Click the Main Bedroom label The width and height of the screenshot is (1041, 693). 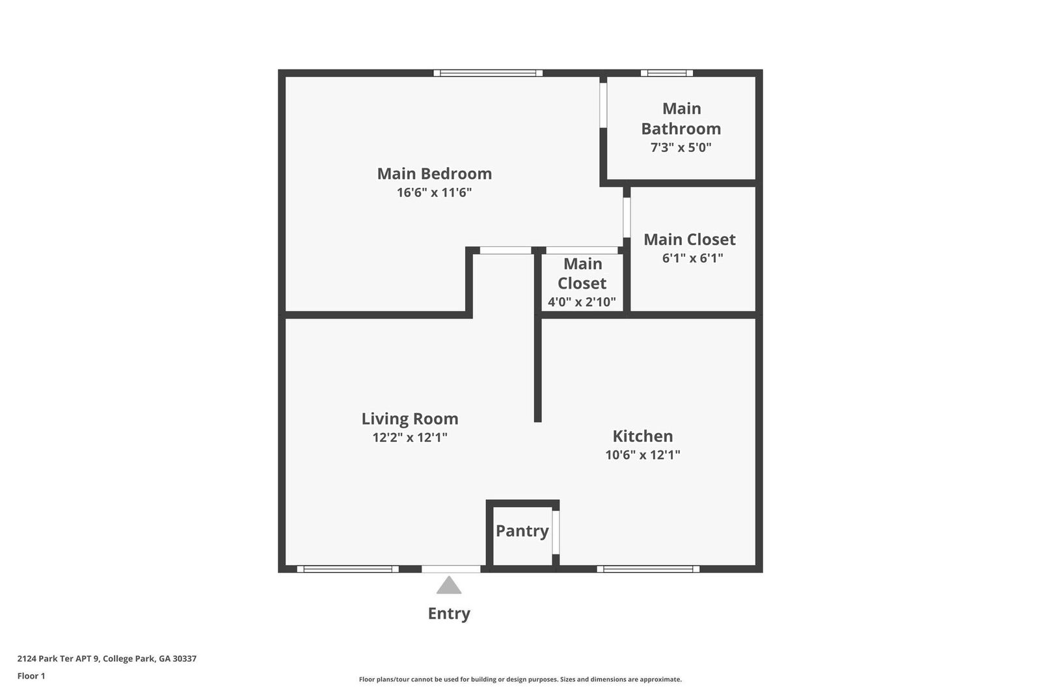coord(434,174)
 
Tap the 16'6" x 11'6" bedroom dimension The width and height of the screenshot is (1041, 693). coord(434,192)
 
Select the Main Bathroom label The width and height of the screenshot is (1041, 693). coord(681,118)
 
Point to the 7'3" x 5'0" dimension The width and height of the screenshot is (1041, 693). coord(681,147)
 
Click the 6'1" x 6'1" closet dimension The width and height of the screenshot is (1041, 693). coord(692,258)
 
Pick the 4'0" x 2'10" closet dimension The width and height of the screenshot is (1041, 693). coord(581,302)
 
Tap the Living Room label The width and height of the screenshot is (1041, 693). coord(410,419)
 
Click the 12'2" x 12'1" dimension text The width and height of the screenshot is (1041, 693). coord(410,438)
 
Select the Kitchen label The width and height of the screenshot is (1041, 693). coord(642,436)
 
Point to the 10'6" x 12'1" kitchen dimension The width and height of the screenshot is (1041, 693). coord(642,455)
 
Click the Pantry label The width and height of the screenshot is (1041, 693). coord(522,531)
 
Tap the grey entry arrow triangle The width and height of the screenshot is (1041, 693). coord(449,585)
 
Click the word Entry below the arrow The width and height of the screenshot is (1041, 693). coord(449,614)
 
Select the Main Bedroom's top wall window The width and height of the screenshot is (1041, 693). coord(488,73)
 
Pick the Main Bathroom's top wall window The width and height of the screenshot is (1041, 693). coord(666,73)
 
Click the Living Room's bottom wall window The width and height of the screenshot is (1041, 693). coord(348,569)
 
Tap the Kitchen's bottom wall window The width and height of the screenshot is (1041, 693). coord(648,569)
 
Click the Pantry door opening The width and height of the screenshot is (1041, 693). coord(556,532)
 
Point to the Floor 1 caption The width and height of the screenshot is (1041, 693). coord(31,676)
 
